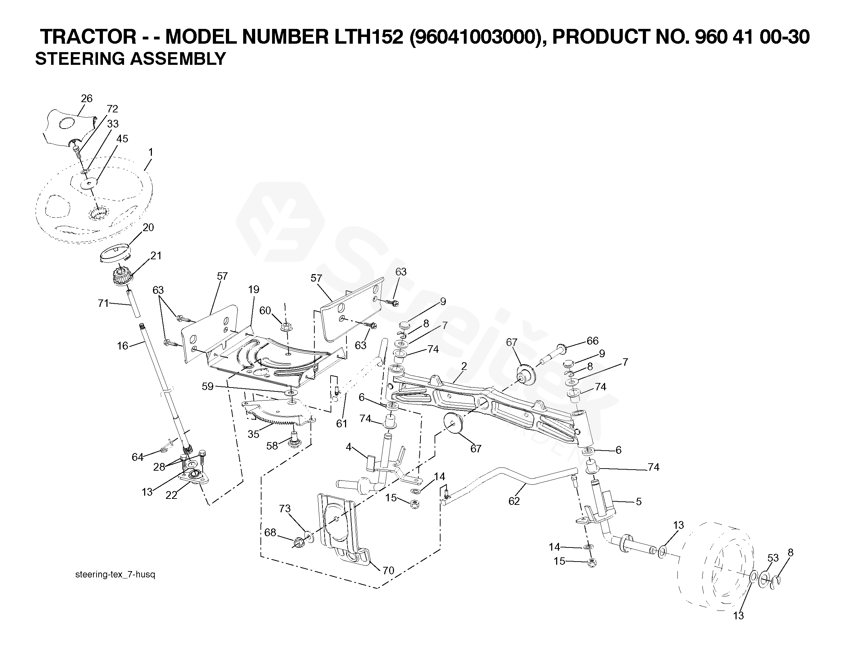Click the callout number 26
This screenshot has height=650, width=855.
pyautogui.click(x=87, y=99)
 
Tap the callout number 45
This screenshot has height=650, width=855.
pyautogui.click(x=122, y=139)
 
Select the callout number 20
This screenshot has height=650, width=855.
pyautogui.click(x=148, y=228)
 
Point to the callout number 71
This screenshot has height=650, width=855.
pyautogui.click(x=103, y=303)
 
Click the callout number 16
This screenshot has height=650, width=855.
pyautogui.click(x=122, y=346)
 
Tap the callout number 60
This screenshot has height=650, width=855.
pyautogui.click(x=265, y=311)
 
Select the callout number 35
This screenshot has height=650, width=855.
pyautogui.click(x=253, y=434)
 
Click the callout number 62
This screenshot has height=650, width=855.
pyautogui.click(x=514, y=501)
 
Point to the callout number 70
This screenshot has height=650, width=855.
pyautogui.click(x=388, y=570)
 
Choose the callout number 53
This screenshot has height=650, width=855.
pyautogui.click(x=773, y=558)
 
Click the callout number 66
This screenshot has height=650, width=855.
pyautogui.click(x=592, y=341)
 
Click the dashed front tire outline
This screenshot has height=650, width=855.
pyautogui.click(x=716, y=572)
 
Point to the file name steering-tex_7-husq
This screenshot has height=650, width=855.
pyautogui.click(x=115, y=575)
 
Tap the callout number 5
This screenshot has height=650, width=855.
pyautogui.click(x=639, y=502)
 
